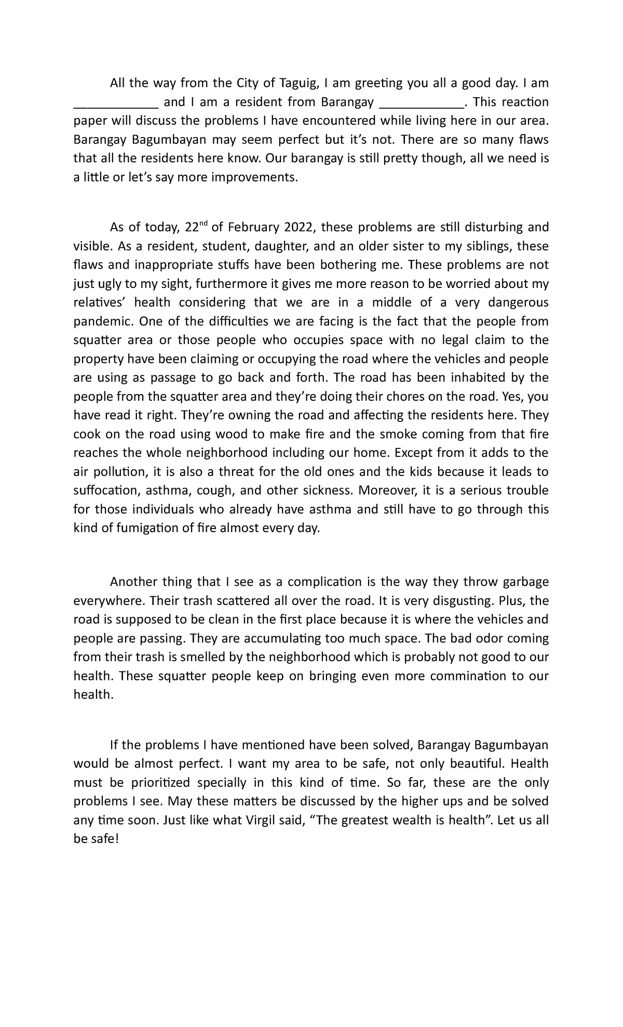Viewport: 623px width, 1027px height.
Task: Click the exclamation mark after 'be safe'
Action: (x=117, y=839)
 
